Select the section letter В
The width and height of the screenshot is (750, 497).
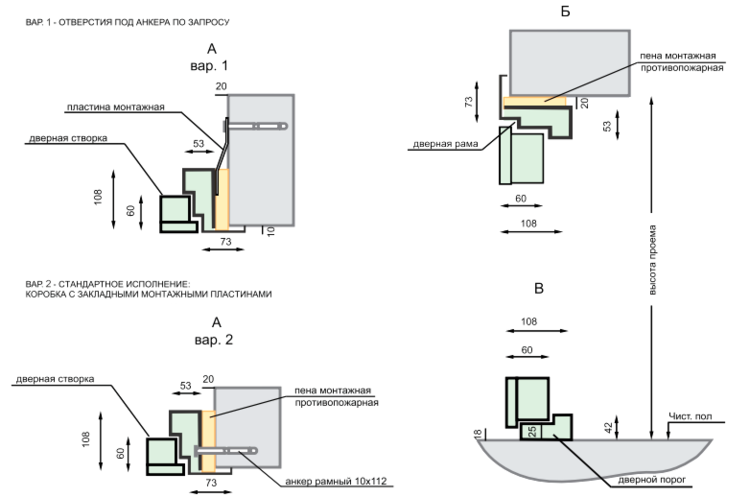pos(539,288)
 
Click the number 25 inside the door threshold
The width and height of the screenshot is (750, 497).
pos(530,432)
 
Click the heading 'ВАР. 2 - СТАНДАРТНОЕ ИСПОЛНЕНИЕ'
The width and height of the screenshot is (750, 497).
pos(108,284)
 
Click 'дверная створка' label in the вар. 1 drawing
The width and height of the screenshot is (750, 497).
pos(67,139)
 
